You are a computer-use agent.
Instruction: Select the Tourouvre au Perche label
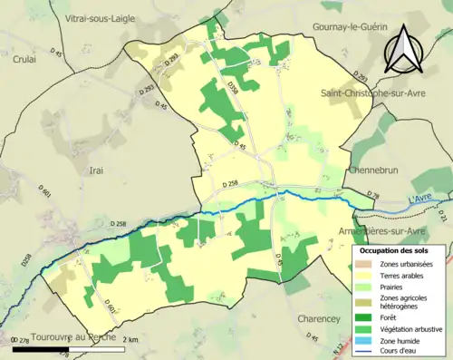tap(73, 336)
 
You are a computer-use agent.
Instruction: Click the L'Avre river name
tap(420, 199)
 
